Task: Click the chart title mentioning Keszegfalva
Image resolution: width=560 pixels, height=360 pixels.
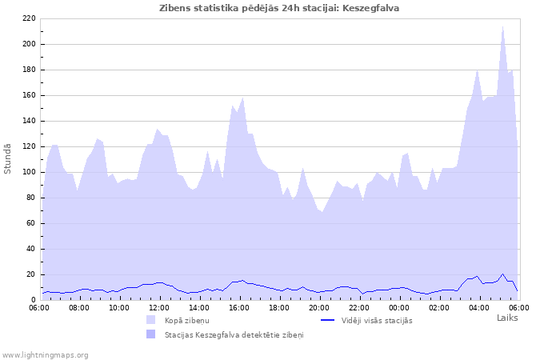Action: [279, 8]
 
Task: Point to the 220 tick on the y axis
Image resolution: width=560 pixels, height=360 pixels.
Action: [29, 18]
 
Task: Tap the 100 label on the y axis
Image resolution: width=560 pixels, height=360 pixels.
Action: [29, 172]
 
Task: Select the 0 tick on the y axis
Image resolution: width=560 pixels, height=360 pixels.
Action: [33, 300]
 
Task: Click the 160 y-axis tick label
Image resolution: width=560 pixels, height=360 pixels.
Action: [29, 95]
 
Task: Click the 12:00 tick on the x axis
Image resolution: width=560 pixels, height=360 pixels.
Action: [159, 307]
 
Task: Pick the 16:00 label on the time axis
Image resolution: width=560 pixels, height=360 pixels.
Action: [239, 307]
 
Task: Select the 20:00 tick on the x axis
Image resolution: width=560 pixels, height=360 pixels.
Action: [319, 307]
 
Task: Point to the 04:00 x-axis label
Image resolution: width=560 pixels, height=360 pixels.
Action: [479, 307]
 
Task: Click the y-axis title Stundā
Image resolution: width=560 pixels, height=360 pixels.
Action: [8, 158]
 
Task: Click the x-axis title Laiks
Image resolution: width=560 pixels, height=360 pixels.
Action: [507, 318]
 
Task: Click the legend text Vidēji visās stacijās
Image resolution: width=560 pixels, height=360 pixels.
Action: [377, 320]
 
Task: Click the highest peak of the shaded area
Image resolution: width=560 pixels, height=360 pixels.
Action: [502, 27]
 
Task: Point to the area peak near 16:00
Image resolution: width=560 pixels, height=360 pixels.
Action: [242, 98]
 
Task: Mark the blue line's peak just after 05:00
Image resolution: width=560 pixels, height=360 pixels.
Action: [502, 274]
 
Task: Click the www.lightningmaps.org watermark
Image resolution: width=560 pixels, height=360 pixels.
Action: [45, 354]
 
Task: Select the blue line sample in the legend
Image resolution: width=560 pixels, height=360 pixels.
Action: [326, 320]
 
